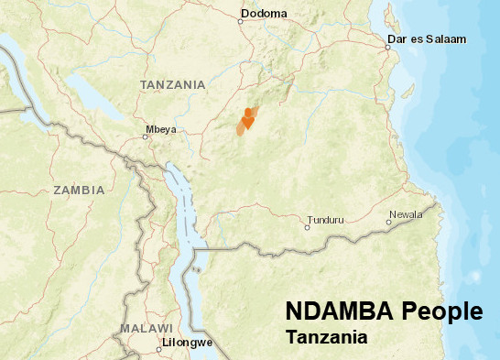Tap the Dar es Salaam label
coord(427,38)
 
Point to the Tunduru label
coord(329,220)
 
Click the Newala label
coord(407,214)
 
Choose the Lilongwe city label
coord(187,343)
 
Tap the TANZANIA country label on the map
coord(172,84)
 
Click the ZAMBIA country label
coord(79,191)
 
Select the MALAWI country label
coord(146,328)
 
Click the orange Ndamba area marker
coord(246,120)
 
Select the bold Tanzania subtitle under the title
coord(326,338)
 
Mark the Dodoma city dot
coord(242,20)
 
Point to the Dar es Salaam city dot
coord(388,48)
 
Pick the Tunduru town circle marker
coord(307,226)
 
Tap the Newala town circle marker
coord(386,221)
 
